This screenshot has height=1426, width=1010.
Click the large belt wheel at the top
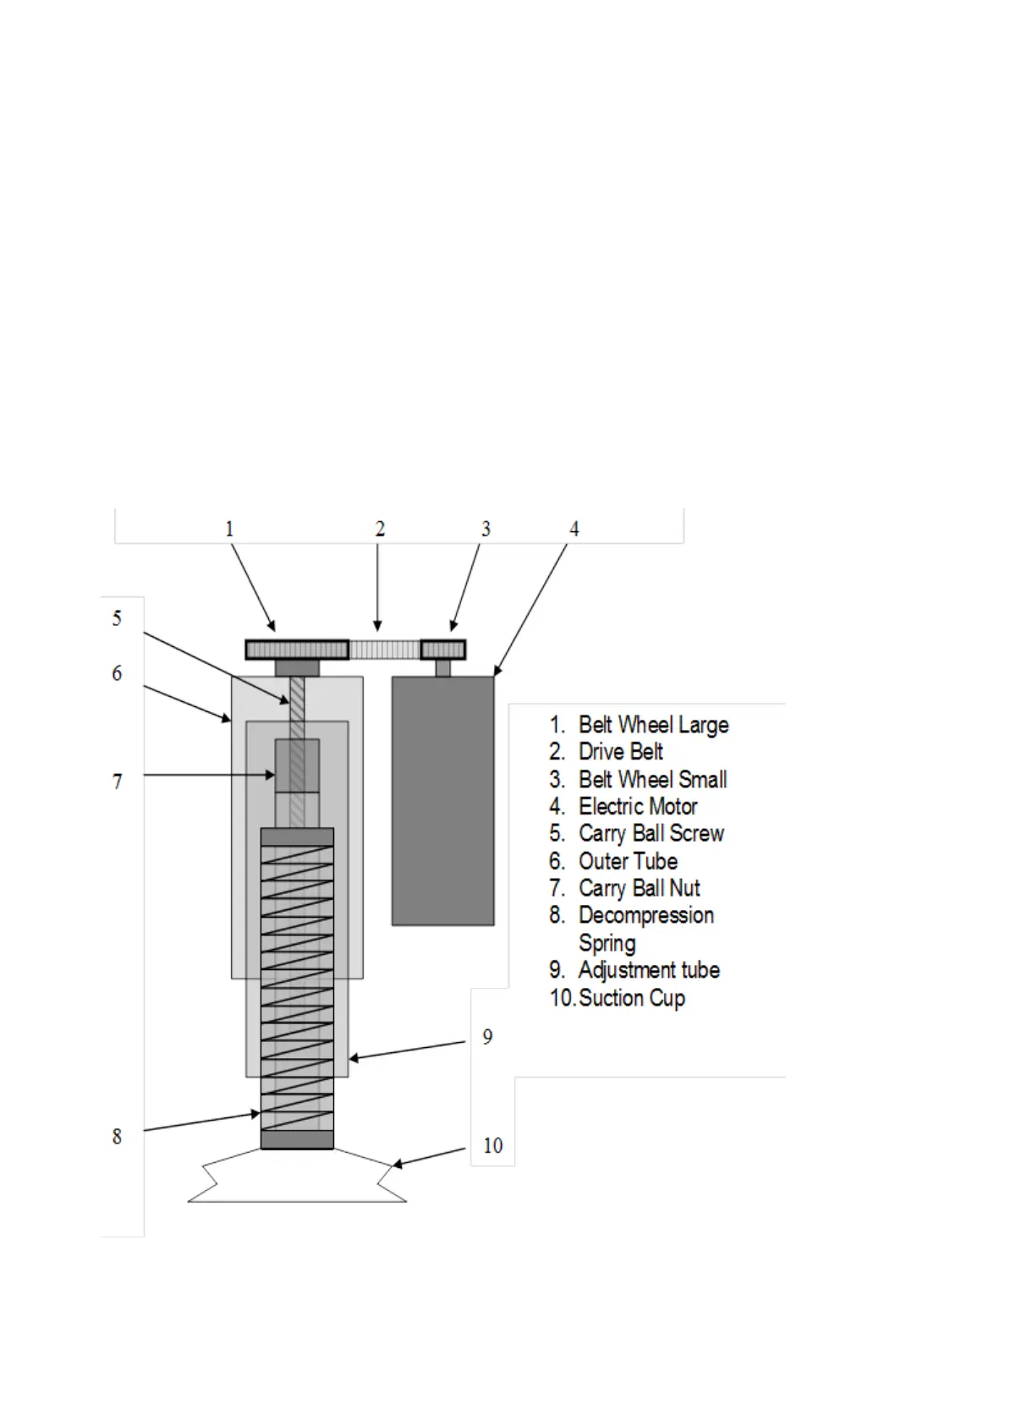point(297,650)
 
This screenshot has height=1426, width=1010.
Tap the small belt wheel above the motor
point(443,650)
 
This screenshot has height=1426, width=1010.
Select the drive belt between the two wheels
point(385,650)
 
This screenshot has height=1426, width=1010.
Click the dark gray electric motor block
point(442,800)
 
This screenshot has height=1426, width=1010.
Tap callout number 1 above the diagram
point(229,529)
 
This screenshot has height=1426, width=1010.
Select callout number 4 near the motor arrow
point(574,529)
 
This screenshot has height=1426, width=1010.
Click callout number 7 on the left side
point(118,782)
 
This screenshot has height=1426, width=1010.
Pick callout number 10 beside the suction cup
point(492,1145)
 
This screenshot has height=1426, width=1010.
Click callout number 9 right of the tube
point(487,1037)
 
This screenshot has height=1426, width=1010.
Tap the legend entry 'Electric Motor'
point(638,807)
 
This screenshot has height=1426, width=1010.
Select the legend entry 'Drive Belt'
point(620,752)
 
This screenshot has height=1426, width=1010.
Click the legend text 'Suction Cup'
point(632,998)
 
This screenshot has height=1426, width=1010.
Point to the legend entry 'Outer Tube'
point(628,861)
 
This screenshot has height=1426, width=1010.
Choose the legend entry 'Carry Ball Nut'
point(639,888)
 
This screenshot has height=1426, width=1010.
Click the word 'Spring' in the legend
point(607,943)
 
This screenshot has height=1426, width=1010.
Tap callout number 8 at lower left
point(118,1137)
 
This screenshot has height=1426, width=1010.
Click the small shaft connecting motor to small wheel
point(443,668)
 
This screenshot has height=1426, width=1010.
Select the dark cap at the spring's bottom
point(297,1141)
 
